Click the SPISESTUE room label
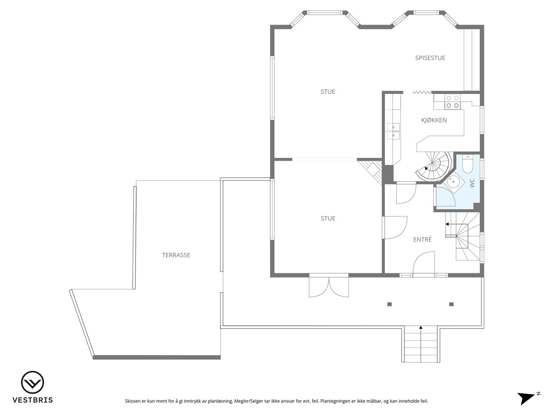[430, 58]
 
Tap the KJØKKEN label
[434, 120]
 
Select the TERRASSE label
[176, 255]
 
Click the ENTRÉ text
[422, 240]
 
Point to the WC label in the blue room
[472, 183]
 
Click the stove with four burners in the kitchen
[452, 102]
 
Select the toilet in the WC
[467, 164]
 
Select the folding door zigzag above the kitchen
[422, 92]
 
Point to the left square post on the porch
[390, 304]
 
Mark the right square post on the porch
[451, 304]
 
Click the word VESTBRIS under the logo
[32, 400]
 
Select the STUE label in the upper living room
[328, 92]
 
